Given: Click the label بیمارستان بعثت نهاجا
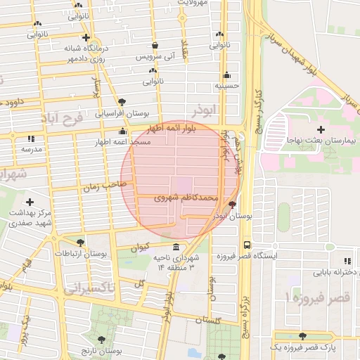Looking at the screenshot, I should pyautogui.click(x=322, y=141).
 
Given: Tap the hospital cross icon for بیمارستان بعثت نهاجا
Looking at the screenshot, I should pyautogui.click(x=321, y=129).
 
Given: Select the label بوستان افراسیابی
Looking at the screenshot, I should pyautogui.click(x=122, y=112).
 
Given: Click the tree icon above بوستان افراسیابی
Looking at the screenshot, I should pyautogui.click(x=122, y=102).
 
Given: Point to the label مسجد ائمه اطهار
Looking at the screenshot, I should pyautogui.click(x=123, y=142).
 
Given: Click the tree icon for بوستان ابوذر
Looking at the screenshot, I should pyautogui.click(x=233, y=205).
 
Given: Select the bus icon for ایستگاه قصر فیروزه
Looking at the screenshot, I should pyautogui.click(x=247, y=245).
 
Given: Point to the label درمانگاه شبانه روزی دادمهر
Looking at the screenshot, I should pyautogui.click(x=69, y=53).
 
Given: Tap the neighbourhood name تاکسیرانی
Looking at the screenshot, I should pyautogui.click(x=89, y=289).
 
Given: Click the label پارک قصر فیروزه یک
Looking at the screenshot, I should pyautogui.click(x=303, y=348).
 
